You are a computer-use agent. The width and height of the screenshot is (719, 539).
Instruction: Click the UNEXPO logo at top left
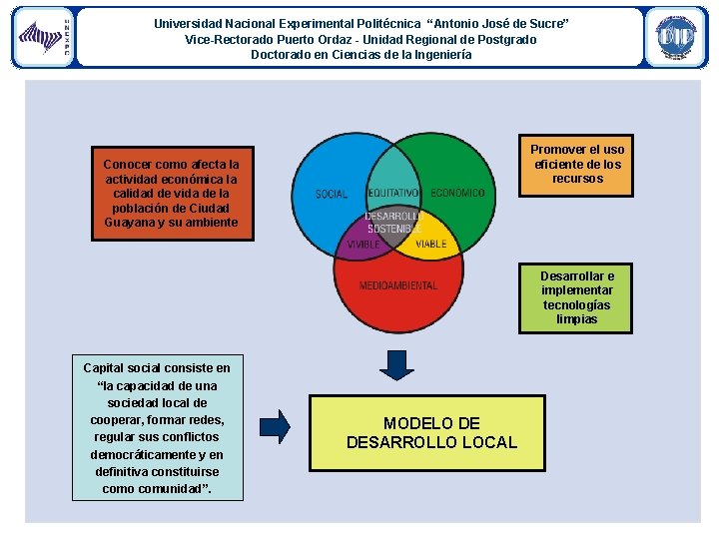(x=43, y=37)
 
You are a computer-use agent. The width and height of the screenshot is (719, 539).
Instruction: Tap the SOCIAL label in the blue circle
(x=332, y=194)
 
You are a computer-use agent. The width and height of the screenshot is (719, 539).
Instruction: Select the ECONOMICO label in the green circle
(x=457, y=193)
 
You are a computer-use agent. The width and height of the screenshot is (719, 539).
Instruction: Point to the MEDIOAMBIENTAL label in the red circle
(x=398, y=285)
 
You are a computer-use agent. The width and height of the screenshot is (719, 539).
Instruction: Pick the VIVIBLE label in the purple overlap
(x=363, y=245)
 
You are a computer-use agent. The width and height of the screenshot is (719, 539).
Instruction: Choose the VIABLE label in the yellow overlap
(x=430, y=245)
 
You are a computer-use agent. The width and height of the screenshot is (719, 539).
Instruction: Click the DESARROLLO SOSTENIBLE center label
(x=394, y=222)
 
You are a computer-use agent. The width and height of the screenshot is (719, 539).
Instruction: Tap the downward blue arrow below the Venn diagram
(x=397, y=363)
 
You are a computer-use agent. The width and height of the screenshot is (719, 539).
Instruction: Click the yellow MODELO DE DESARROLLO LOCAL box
(x=431, y=433)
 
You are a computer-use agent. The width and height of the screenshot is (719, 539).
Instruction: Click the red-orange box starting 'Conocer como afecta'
(x=171, y=193)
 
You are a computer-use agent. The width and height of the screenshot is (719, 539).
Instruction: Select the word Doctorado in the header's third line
(x=282, y=55)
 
